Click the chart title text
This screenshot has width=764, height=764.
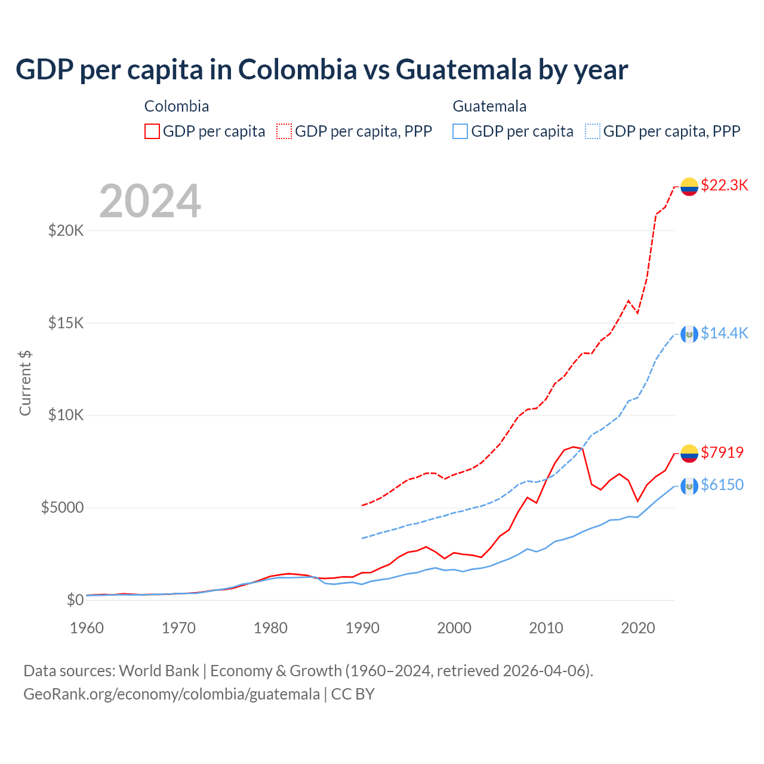[x=322, y=69]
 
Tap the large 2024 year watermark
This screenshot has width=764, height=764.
[x=150, y=202]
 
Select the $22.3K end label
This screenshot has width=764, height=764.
[x=724, y=185]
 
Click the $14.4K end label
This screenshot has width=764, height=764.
[x=724, y=333]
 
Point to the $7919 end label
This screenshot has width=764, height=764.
[x=722, y=452]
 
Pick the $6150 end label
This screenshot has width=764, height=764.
[x=722, y=485]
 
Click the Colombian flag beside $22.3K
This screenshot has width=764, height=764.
[x=689, y=186]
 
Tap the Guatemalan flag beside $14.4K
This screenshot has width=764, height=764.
[x=689, y=334]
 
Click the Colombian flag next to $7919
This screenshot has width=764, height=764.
[x=689, y=454]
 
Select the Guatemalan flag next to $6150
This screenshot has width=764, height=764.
[x=689, y=486]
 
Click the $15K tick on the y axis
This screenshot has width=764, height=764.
[x=66, y=323]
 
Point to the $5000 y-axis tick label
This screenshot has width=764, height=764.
[x=62, y=508]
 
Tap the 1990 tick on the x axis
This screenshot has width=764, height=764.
[x=362, y=628]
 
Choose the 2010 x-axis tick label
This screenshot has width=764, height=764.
[x=546, y=628]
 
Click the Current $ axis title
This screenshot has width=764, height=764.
[x=25, y=383]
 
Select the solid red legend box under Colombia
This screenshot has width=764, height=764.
[x=152, y=131]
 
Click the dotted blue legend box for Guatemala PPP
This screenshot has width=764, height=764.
[x=593, y=131]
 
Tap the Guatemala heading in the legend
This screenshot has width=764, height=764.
[x=489, y=106]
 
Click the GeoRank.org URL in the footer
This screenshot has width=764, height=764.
[x=172, y=694]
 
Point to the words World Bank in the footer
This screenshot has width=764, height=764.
[x=159, y=671]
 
